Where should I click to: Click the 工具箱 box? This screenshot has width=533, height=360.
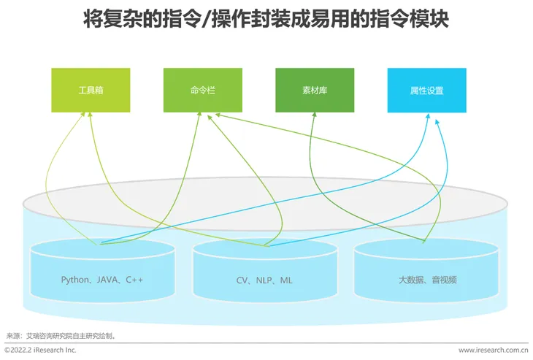pos(91,91)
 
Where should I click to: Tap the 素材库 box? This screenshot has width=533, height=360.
pos(315,91)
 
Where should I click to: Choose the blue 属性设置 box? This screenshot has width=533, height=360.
pos(426,91)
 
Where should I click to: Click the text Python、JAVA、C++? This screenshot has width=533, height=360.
pos(102,280)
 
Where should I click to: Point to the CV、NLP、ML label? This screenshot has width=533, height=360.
pos(264,280)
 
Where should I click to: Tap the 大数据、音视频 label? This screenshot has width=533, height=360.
pos(427,280)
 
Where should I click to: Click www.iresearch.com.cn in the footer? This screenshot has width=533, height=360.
pos(493,351)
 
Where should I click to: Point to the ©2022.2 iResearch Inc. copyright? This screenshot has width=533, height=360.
pos(40,351)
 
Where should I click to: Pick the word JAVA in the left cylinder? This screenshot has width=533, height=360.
pos(107,280)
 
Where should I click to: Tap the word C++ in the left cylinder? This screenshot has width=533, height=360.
pos(134,280)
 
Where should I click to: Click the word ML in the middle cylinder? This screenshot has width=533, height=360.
pos(286,280)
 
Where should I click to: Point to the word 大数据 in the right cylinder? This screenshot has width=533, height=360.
pos(411,280)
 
